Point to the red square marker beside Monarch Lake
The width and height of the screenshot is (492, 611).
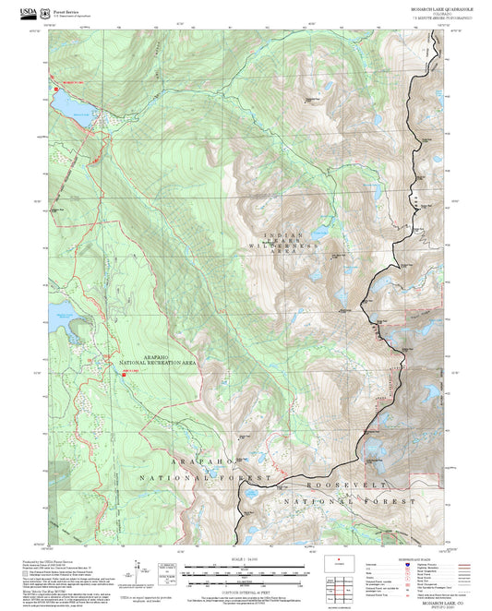pyautogui.click(x=53, y=87)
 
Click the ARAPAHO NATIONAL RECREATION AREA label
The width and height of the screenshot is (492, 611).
pyautogui.click(x=158, y=361)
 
